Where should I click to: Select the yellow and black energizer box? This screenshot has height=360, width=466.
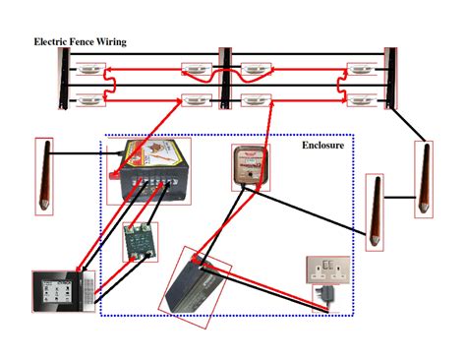(x=149, y=169)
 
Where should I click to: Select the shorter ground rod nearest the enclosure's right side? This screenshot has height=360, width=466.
(x=375, y=210)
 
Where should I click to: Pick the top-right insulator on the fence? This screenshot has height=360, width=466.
(x=361, y=70)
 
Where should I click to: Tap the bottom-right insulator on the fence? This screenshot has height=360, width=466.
(x=361, y=100)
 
